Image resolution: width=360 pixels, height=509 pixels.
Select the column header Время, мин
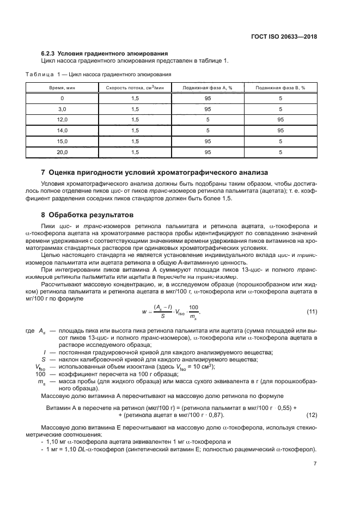pyautogui.click(x=62, y=87)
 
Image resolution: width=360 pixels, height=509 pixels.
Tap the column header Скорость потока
pyautogui.click(x=135, y=87)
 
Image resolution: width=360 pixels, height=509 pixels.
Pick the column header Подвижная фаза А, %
pyautogui.click(x=208, y=87)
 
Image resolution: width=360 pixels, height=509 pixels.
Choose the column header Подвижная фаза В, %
pyautogui.click(x=280, y=87)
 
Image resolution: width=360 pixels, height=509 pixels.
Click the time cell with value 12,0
pyautogui.click(x=62, y=119)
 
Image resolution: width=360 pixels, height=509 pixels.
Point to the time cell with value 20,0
pyautogui.click(x=62, y=152)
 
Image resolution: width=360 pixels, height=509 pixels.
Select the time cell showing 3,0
pyautogui.click(x=62, y=108)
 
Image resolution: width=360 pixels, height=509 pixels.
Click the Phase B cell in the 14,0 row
pyautogui.click(x=280, y=131)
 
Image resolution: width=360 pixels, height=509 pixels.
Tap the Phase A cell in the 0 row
pyautogui.click(x=208, y=98)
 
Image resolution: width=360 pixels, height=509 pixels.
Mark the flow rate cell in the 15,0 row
pyautogui.click(x=135, y=142)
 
